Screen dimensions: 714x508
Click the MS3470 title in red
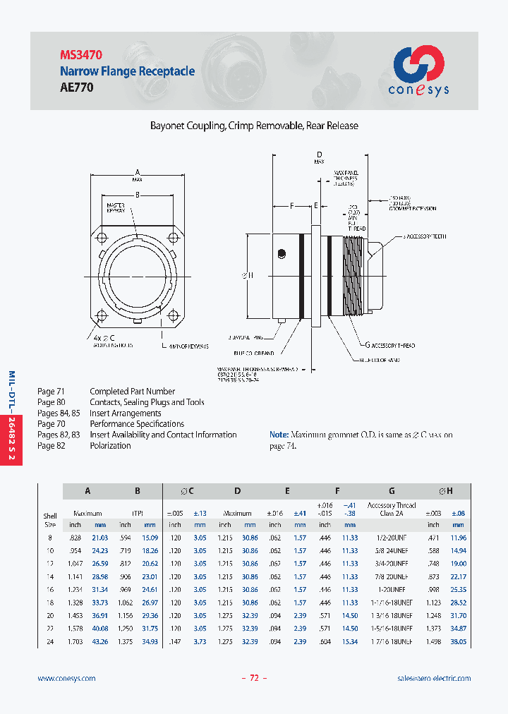pos(82,54)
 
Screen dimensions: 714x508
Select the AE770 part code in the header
pos(76,87)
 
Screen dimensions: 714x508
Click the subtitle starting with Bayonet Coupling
pos(254,126)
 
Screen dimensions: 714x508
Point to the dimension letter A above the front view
pos(138,172)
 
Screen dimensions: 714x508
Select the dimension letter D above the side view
pos(319,155)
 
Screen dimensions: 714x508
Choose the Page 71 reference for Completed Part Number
pos(51,392)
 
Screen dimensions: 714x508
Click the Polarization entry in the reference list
pos(110,446)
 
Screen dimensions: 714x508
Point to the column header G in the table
pos(392,491)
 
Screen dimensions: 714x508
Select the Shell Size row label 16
pos(50,589)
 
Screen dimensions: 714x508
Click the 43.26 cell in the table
pos(100,641)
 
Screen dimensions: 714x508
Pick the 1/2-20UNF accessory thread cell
pos(392,538)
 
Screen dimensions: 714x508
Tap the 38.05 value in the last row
pos(458,641)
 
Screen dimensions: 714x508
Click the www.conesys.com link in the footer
pos(66,678)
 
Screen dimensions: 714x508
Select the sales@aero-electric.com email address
pos(434,678)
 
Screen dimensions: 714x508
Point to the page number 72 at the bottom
pos(255,678)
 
